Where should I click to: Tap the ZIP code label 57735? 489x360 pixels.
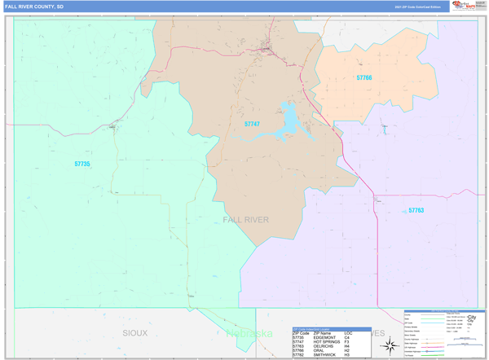[82, 164]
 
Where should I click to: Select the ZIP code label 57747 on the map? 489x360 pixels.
[252, 124]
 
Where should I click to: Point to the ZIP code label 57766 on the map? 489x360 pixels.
[363, 78]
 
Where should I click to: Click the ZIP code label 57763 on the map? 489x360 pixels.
[416, 210]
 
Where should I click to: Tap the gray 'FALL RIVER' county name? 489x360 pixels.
[245, 219]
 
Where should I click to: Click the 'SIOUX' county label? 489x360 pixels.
[135, 333]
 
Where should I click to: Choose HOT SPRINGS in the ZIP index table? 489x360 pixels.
[318, 343]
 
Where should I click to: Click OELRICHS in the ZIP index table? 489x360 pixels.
[315, 348]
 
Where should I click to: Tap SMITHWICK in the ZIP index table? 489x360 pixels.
[317, 357]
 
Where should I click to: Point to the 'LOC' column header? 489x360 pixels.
[348, 334]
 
